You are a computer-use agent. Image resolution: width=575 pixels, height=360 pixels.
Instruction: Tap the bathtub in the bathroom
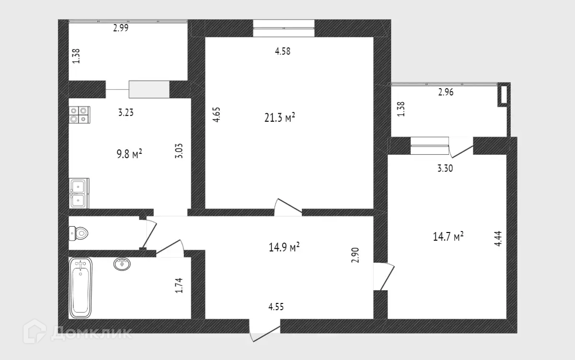[80, 288]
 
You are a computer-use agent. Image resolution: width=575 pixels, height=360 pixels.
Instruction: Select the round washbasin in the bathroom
[122, 264]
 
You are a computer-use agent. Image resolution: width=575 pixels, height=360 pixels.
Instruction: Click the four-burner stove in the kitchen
[79, 114]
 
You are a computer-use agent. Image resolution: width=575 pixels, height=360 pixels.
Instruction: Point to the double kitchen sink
[79, 193]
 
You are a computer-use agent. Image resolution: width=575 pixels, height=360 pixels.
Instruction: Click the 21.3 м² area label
[279, 117]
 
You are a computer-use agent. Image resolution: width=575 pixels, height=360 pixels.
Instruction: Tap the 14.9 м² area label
[285, 247]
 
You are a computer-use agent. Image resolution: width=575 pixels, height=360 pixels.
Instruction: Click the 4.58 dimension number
[283, 51]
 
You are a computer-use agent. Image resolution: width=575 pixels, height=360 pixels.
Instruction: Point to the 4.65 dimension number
[217, 115]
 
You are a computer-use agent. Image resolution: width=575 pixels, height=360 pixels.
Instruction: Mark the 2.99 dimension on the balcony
[121, 28]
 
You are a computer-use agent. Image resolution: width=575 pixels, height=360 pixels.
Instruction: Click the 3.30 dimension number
[445, 168]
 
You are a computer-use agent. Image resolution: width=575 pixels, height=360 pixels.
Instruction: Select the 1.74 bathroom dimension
[179, 286]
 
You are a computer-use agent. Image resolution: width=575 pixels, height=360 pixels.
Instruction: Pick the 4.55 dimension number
[276, 307]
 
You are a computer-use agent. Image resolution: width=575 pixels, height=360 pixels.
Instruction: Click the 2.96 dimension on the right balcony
[446, 93]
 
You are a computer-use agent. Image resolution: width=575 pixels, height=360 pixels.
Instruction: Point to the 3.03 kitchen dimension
[179, 151]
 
